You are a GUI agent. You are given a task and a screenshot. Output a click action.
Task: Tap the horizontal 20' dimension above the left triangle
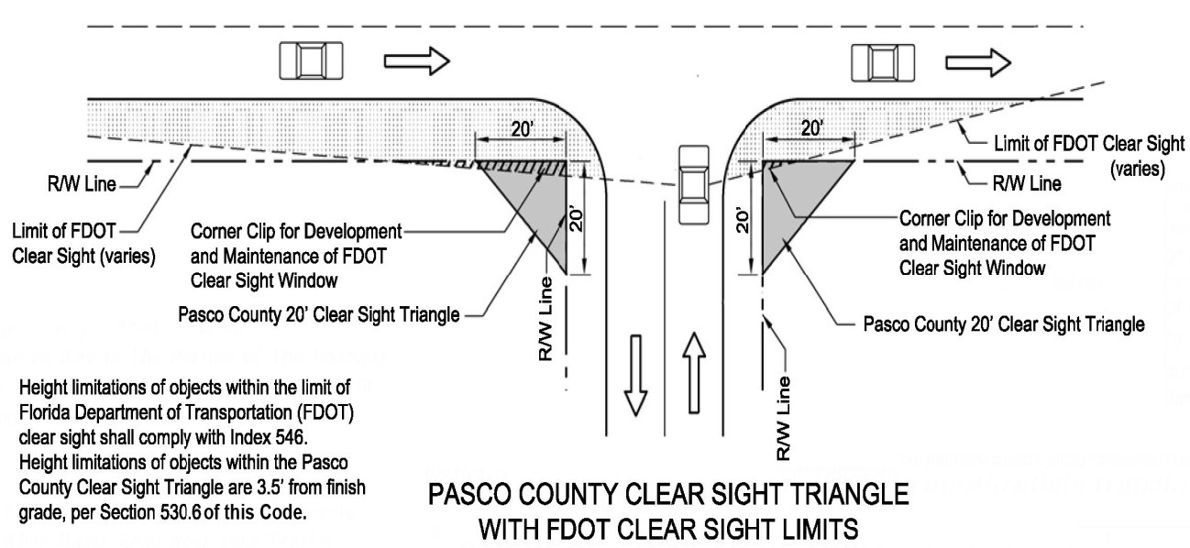coord(521,129)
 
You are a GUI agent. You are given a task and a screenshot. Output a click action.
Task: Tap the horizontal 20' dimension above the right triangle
coord(810,129)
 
